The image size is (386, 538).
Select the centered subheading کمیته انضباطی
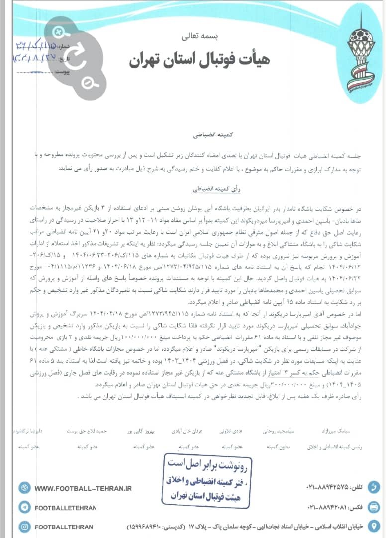pos(198,134)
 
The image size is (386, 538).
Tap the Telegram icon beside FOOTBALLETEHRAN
pos(24,507)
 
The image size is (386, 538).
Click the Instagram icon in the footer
pos(24,526)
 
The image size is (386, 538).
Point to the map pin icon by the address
pos(374,526)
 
